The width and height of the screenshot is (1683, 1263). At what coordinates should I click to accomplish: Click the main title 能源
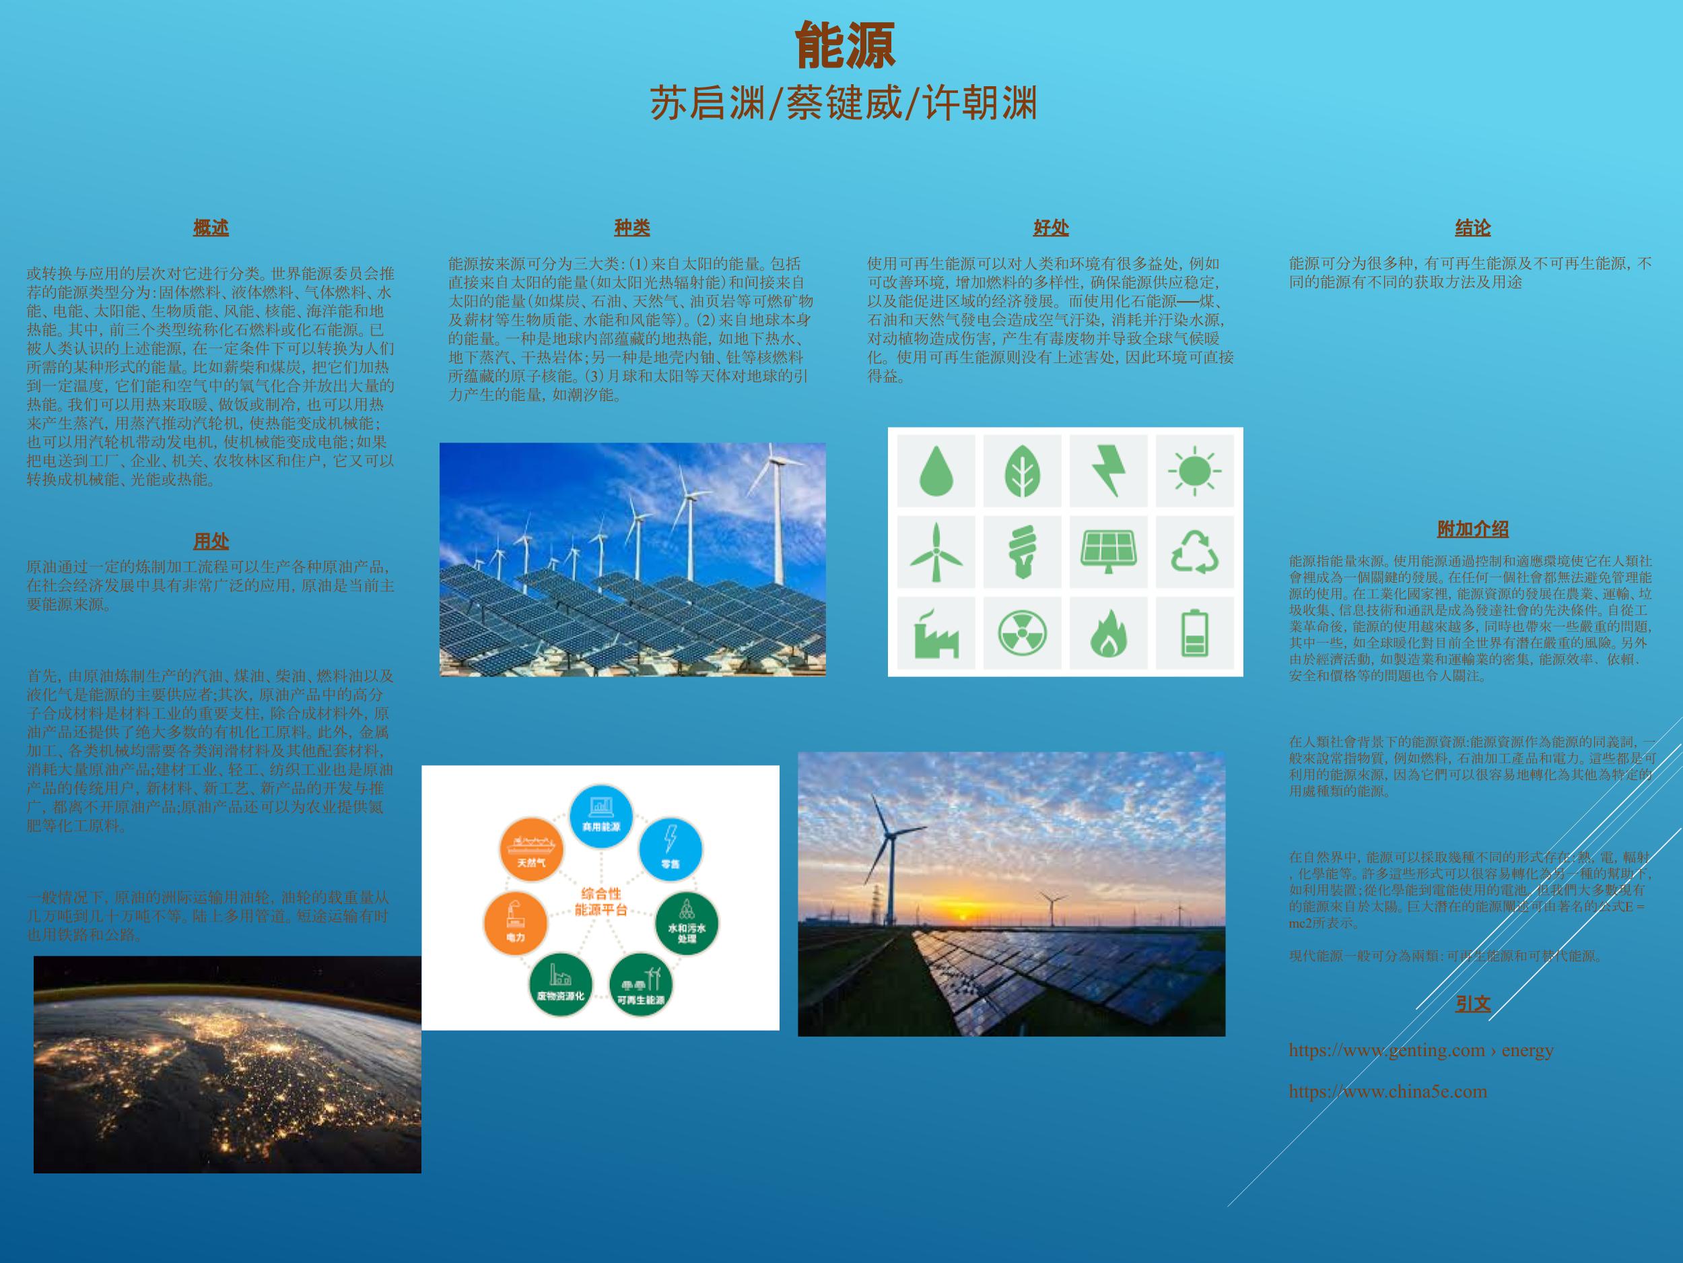point(845,46)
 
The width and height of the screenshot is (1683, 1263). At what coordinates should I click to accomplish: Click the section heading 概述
point(211,228)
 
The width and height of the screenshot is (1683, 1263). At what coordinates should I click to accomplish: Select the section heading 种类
point(631,228)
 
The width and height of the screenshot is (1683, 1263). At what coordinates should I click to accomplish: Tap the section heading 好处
point(1051,228)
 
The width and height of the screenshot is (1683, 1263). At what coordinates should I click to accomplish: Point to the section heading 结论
point(1472,228)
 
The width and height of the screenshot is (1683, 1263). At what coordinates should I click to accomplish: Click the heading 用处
point(211,542)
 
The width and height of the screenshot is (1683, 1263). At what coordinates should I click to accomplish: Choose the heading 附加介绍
point(1472,529)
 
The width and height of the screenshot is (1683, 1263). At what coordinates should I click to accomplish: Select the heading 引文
point(1472,1004)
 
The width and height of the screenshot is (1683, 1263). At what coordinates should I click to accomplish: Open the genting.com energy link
point(1420,1050)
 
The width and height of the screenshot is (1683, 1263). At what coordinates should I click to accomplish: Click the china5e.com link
point(1387,1091)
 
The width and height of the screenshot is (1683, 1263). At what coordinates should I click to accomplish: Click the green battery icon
point(1194,633)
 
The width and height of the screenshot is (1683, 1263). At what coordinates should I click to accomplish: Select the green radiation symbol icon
point(1022,633)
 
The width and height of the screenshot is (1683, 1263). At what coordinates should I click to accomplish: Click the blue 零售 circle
point(671,848)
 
